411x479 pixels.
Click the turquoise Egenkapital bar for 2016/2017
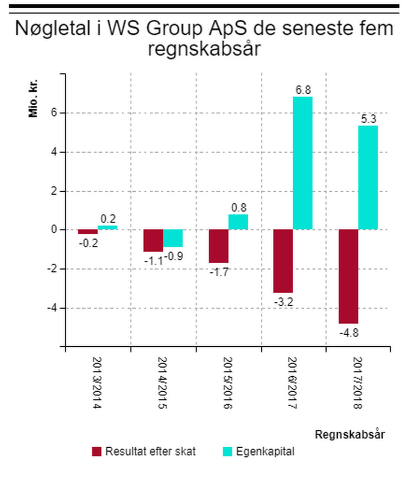pos(303,163)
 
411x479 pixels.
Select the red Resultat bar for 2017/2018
pos(348,276)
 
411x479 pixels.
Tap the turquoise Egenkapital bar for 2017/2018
pos(368,177)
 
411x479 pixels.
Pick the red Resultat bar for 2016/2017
pos(283,261)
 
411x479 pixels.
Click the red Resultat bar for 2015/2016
pos(218,246)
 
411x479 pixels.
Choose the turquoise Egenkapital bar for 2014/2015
pos(173,238)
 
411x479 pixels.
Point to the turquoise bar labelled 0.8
pos(238,222)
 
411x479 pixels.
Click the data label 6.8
pos(303,90)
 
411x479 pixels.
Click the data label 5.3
pos(368,119)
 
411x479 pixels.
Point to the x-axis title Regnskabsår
pos(350,434)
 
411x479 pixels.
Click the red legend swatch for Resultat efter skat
pos(97,452)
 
